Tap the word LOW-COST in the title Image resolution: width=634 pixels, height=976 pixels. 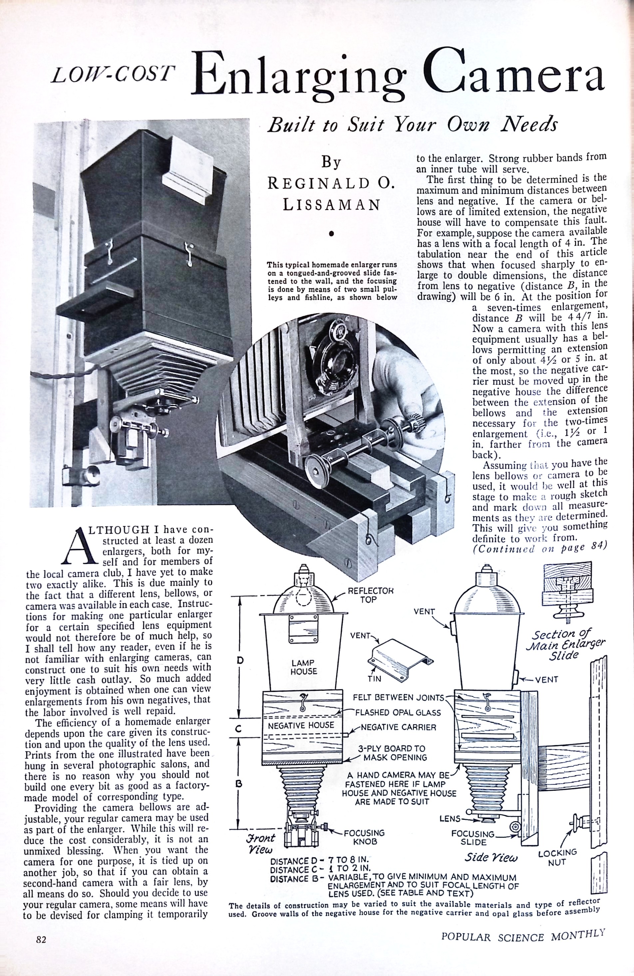pyautogui.click(x=111, y=75)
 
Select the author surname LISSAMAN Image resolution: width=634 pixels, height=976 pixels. pyautogui.click(x=331, y=205)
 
